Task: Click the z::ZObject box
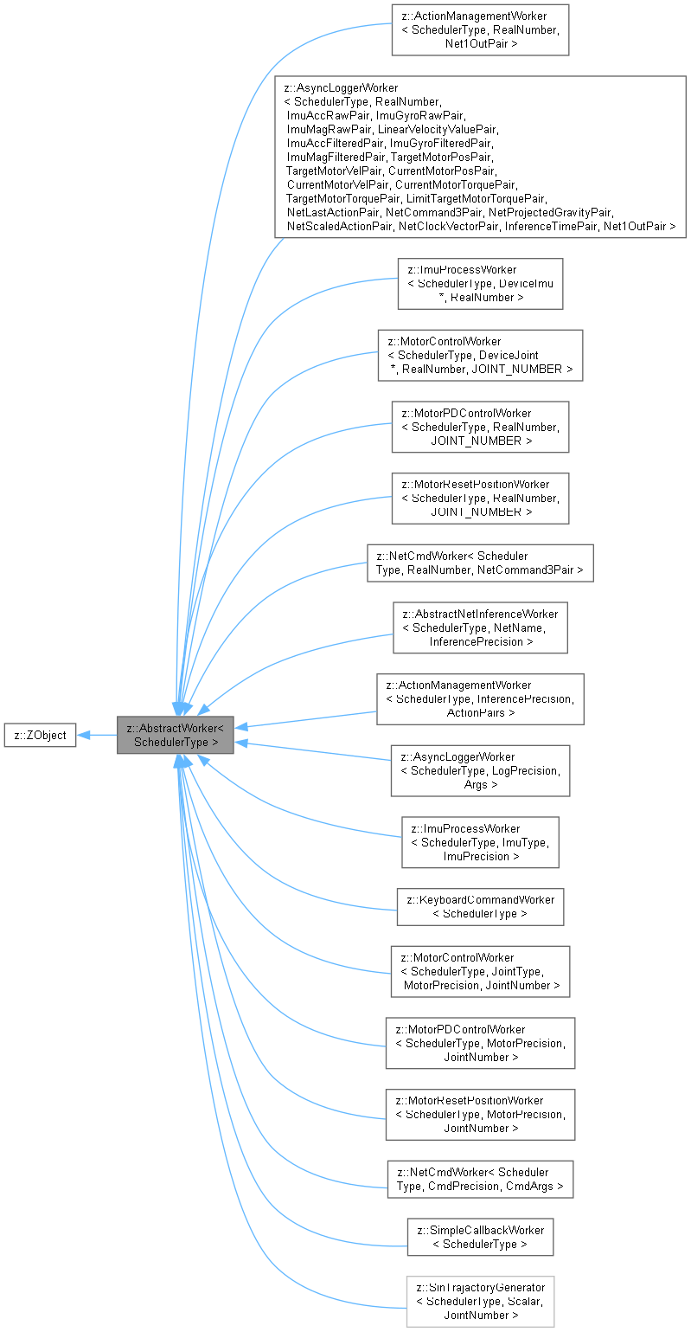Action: click(x=39, y=736)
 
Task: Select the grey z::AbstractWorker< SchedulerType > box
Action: click(x=176, y=736)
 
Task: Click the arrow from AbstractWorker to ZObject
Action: click(x=97, y=736)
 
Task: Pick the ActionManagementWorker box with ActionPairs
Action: click(x=480, y=699)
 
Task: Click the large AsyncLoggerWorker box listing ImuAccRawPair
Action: click(x=480, y=157)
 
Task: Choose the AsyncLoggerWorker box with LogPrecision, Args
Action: click(x=480, y=771)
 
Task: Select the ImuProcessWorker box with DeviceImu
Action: click(x=480, y=283)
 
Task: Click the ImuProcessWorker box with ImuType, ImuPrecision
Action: click(x=480, y=842)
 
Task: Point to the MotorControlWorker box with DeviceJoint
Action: click(x=480, y=355)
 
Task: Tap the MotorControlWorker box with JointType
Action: click(x=480, y=971)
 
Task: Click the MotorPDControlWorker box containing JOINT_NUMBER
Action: click(x=480, y=427)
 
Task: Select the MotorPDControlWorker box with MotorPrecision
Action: click(x=480, y=1043)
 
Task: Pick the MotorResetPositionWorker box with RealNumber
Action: click(x=480, y=498)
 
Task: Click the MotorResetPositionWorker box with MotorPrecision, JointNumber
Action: click(x=480, y=1114)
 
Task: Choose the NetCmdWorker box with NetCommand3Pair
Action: click(x=480, y=563)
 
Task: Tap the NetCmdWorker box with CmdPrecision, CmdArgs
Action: click(x=480, y=1179)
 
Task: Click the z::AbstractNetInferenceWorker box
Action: click(x=480, y=627)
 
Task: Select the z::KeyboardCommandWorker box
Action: click(x=480, y=906)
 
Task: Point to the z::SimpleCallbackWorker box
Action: click(x=480, y=1237)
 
